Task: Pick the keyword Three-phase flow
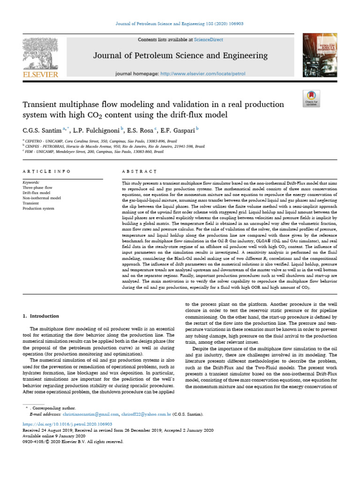tap(37, 187)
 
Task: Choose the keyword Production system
tap(38, 208)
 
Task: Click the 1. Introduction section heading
tap(41, 316)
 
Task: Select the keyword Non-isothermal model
tap(42, 198)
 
